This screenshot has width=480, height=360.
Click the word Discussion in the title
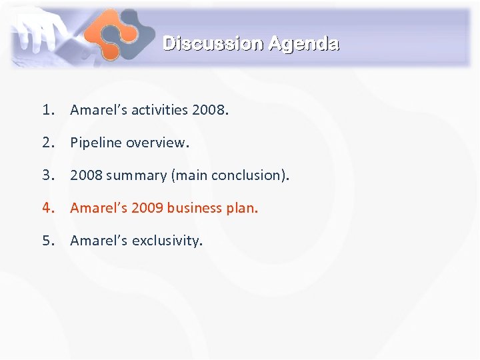(x=213, y=44)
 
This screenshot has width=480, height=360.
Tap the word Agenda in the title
(x=303, y=44)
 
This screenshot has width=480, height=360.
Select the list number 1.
(x=47, y=110)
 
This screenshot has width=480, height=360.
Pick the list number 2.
(x=47, y=143)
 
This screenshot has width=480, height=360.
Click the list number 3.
(x=47, y=175)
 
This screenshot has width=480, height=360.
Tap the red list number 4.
(x=47, y=208)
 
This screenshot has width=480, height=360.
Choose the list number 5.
(x=47, y=241)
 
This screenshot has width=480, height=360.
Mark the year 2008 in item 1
(x=209, y=110)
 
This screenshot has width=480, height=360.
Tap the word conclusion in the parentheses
(x=249, y=175)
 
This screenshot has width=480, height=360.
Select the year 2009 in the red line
(x=147, y=208)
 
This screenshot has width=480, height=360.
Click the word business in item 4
(x=194, y=208)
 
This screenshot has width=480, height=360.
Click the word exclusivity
(x=167, y=241)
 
